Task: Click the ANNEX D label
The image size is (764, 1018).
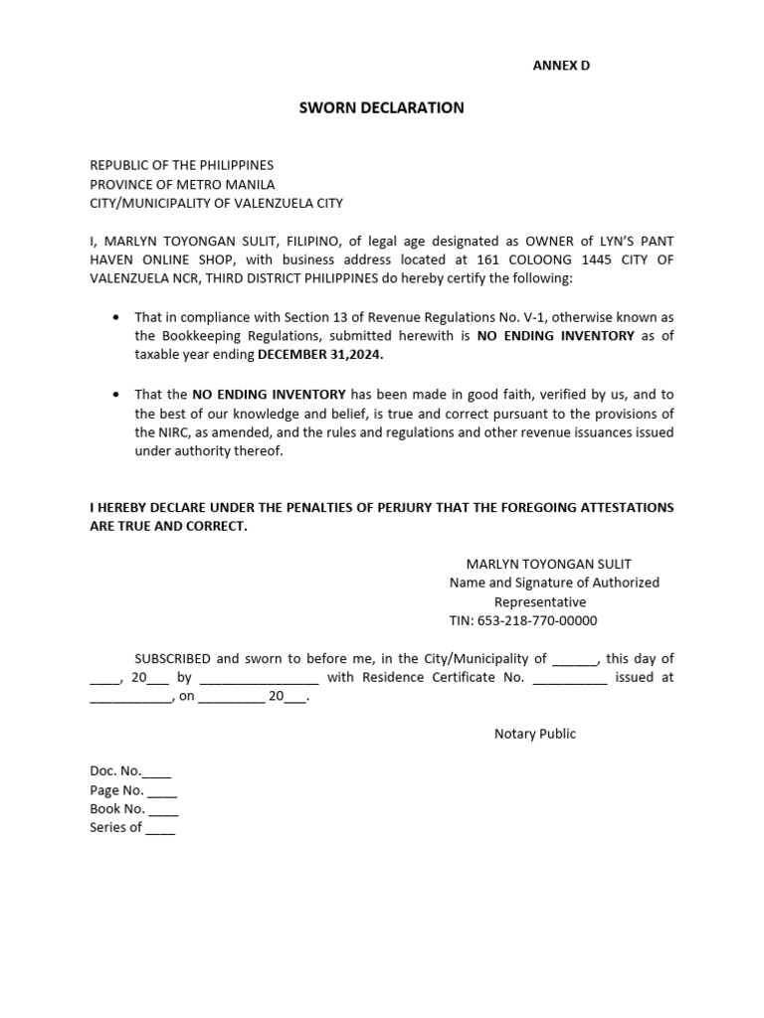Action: point(562,66)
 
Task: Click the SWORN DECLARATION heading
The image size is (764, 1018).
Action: point(382,107)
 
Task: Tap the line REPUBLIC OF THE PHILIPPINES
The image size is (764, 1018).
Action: point(181,165)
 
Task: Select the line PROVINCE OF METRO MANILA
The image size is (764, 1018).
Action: point(182,184)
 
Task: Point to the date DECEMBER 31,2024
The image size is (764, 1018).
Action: point(320,355)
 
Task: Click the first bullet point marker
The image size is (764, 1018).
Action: point(117,317)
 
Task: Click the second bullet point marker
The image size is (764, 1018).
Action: point(117,395)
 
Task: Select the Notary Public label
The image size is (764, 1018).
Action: point(535,734)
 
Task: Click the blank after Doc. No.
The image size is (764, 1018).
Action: point(157,772)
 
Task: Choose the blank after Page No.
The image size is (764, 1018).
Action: point(162,791)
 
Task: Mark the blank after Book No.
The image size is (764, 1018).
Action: point(163,809)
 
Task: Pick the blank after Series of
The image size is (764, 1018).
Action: point(160,828)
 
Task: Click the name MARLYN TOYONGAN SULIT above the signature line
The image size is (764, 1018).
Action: point(548,564)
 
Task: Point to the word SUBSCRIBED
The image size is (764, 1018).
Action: point(173,658)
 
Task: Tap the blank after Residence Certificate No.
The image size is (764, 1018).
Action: point(569,678)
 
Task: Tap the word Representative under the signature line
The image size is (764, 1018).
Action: point(540,601)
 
